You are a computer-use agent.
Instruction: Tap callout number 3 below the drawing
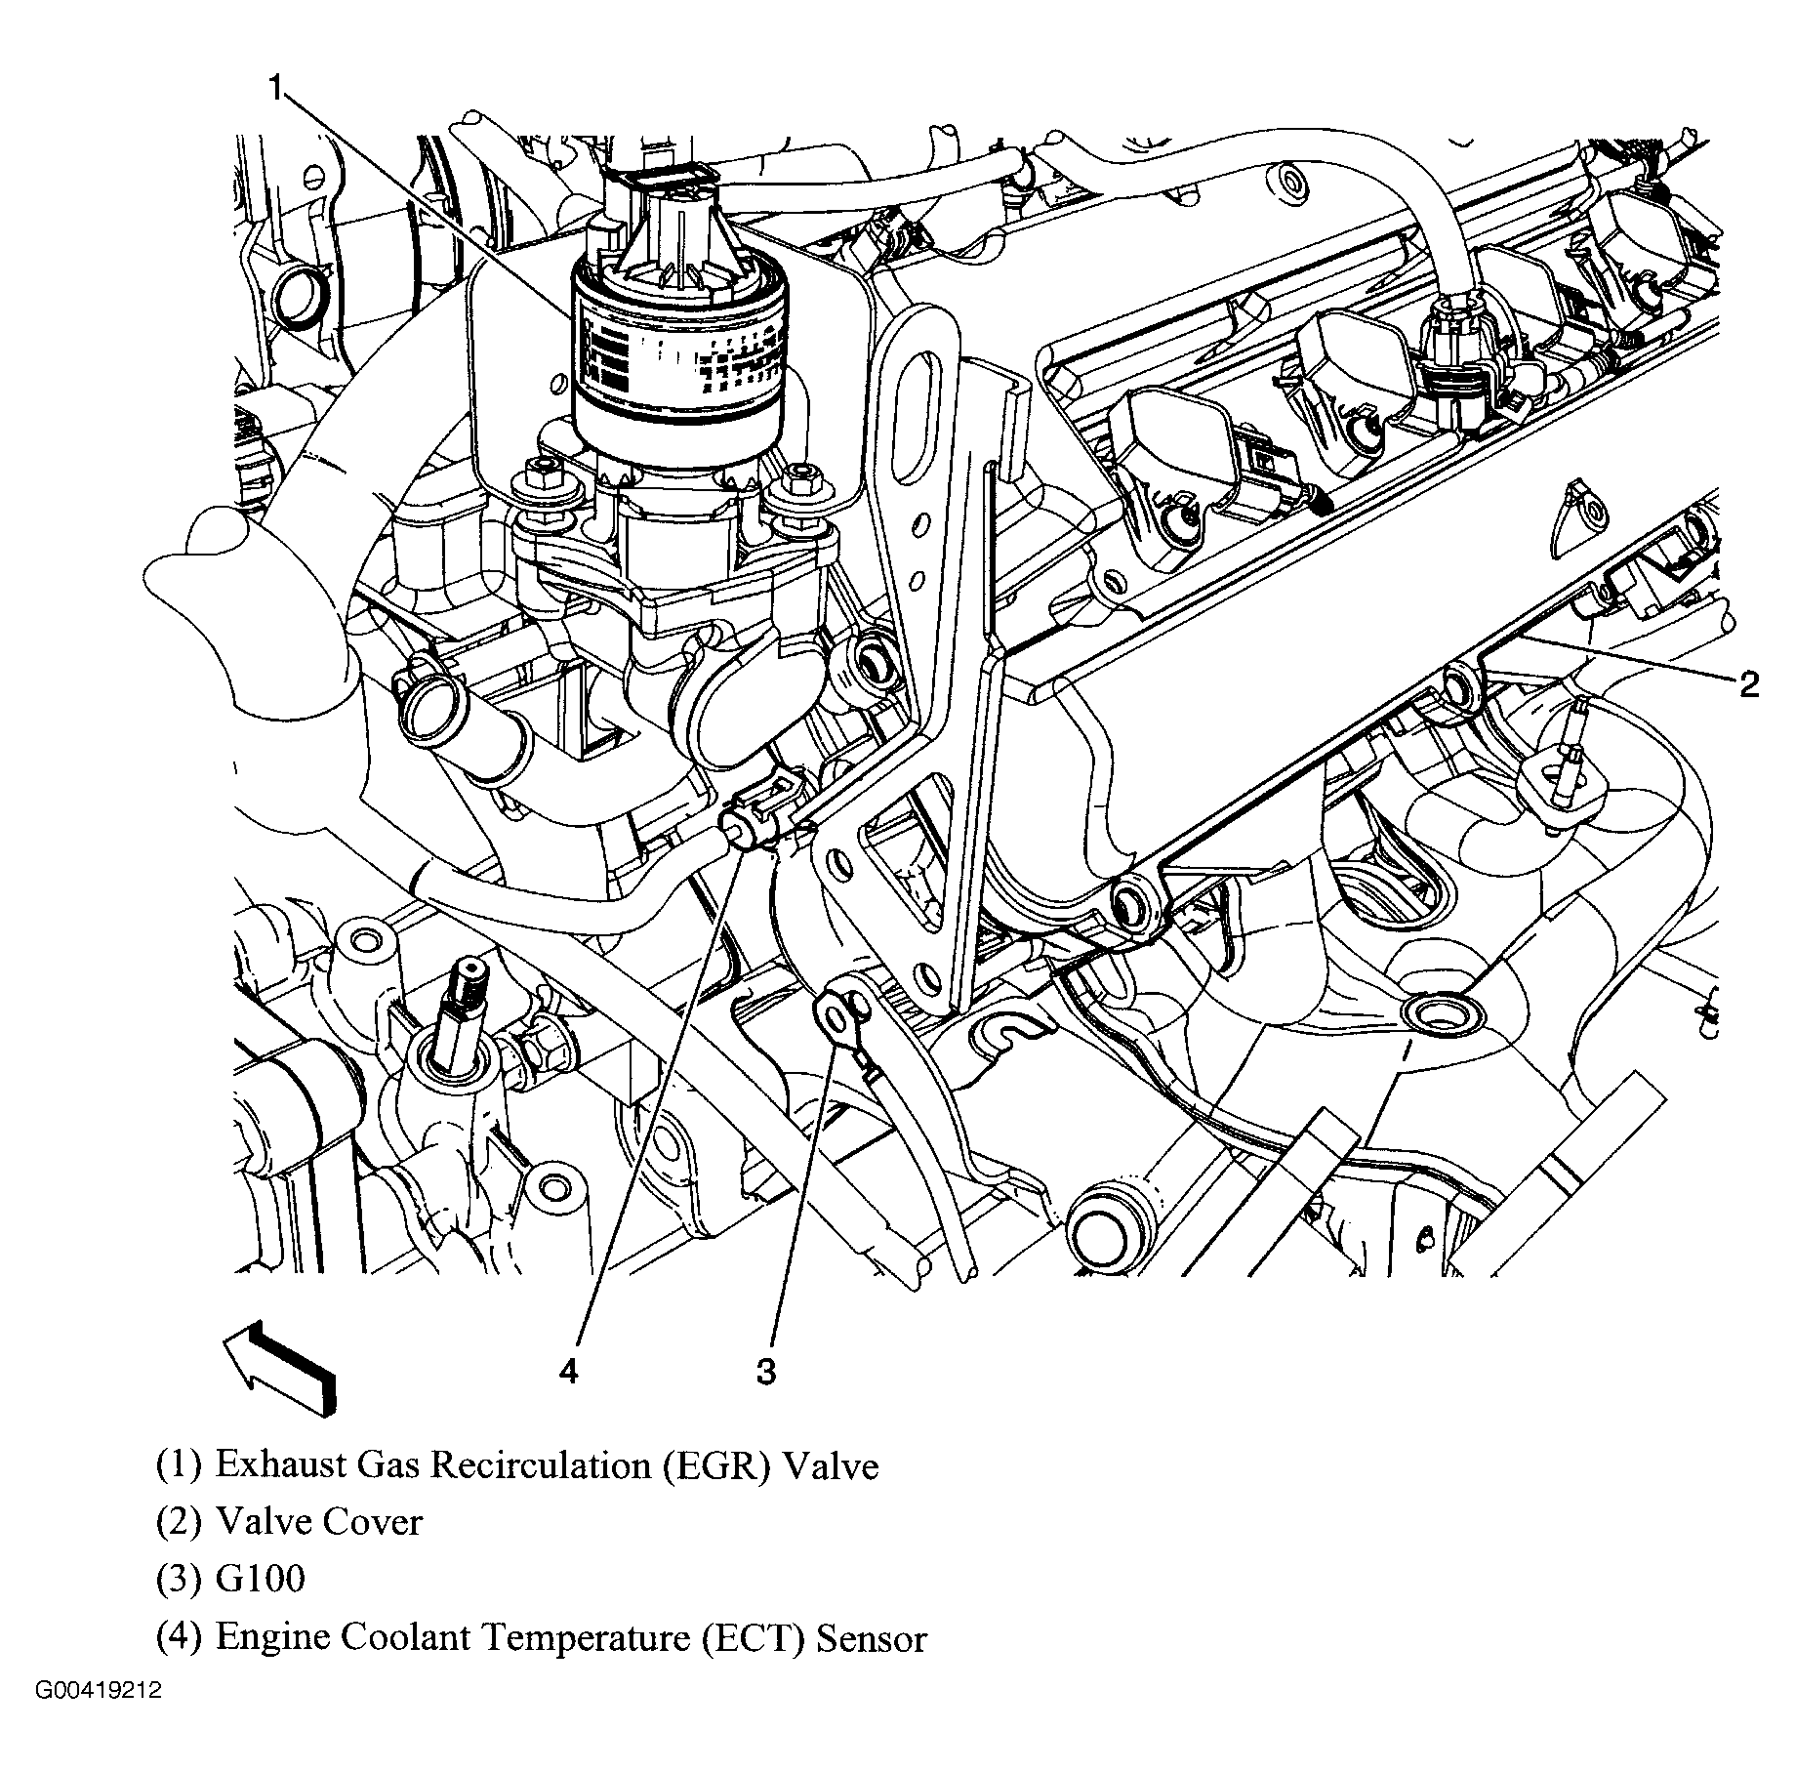(x=766, y=1371)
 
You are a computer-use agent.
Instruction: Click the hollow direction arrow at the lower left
(x=281, y=1365)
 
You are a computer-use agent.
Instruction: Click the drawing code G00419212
(x=100, y=1718)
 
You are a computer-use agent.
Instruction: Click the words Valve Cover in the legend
(x=318, y=1522)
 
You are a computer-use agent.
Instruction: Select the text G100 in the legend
(x=260, y=1579)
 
